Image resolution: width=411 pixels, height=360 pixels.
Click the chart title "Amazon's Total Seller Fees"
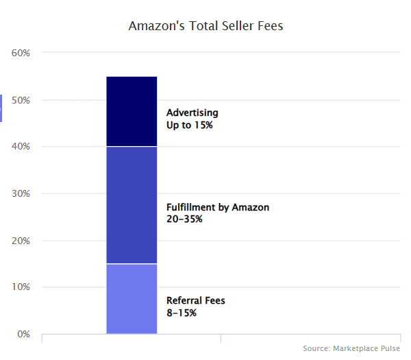click(x=206, y=27)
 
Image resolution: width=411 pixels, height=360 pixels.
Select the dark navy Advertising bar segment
click(x=132, y=111)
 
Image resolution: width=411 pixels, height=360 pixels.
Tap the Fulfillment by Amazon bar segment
click(x=132, y=205)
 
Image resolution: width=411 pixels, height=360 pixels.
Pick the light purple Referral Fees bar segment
click(x=132, y=298)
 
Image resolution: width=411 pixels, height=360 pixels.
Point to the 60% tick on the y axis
click(x=22, y=53)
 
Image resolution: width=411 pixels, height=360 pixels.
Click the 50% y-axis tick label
click(x=22, y=100)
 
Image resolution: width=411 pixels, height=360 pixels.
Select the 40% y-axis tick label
click(x=22, y=147)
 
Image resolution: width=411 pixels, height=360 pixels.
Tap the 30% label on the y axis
click(x=22, y=194)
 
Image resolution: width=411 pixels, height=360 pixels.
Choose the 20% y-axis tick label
click(x=22, y=241)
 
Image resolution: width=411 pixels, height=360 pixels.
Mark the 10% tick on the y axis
click(x=22, y=287)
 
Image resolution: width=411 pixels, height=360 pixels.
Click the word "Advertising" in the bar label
click(x=192, y=112)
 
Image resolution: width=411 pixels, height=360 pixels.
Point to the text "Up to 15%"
click(x=190, y=125)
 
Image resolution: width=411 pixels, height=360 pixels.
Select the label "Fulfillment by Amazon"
click(x=218, y=207)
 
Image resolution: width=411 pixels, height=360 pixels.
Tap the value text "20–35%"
click(x=184, y=219)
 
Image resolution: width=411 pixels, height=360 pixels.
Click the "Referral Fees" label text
click(x=196, y=300)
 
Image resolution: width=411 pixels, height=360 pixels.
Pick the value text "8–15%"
click(x=182, y=313)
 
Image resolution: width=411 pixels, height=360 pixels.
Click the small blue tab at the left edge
click(x=1, y=108)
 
